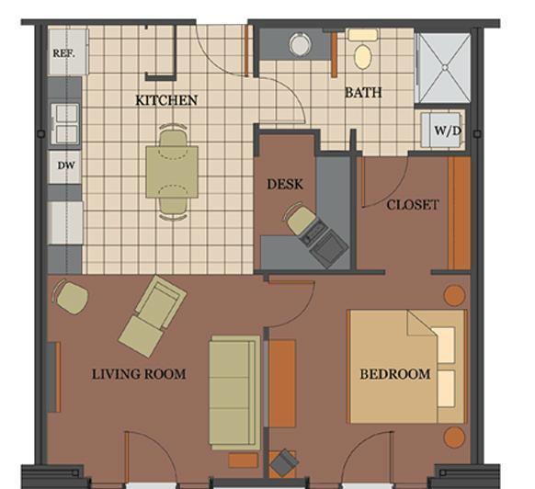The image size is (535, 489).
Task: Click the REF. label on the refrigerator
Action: pyautogui.click(x=64, y=53)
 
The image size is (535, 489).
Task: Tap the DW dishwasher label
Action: pyautogui.click(x=66, y=165)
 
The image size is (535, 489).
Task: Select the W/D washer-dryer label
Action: pyautogui.click(x=448, y=131)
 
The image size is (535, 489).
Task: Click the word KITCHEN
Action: pyautogui.click(x=166, y=100)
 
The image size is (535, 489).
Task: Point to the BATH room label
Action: pyautogui.click(x=363, y=93)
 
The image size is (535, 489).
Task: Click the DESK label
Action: pyautogui.click(x=285, y=184)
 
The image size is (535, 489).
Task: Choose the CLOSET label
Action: pyautogui.click(x=413, y=205)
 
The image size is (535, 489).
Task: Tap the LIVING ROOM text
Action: pyautogui.click(x=139, y=374)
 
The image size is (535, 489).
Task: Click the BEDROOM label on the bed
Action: pyautogui.click(x=395, y=374)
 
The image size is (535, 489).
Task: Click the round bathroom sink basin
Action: pyautogui.click(x=300, y=45)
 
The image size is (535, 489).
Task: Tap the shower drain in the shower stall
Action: pyautogui.click(x=445, y=68)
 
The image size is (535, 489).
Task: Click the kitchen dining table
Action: pyautogui.click(x=172, y=172)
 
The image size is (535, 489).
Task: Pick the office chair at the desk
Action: pyautogui.click(x=296, y=219)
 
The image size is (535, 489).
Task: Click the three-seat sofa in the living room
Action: pyautogui.click(x=234, y=392)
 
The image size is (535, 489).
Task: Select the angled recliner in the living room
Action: pyautogui.click(x=153, y=315)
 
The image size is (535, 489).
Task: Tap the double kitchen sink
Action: pyautogui.click(x=66, y=124)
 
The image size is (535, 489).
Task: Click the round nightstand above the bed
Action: pyautogui.click(x=454, y=296)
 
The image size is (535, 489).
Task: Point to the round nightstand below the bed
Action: pyautogui.click(x=454, y=437)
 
